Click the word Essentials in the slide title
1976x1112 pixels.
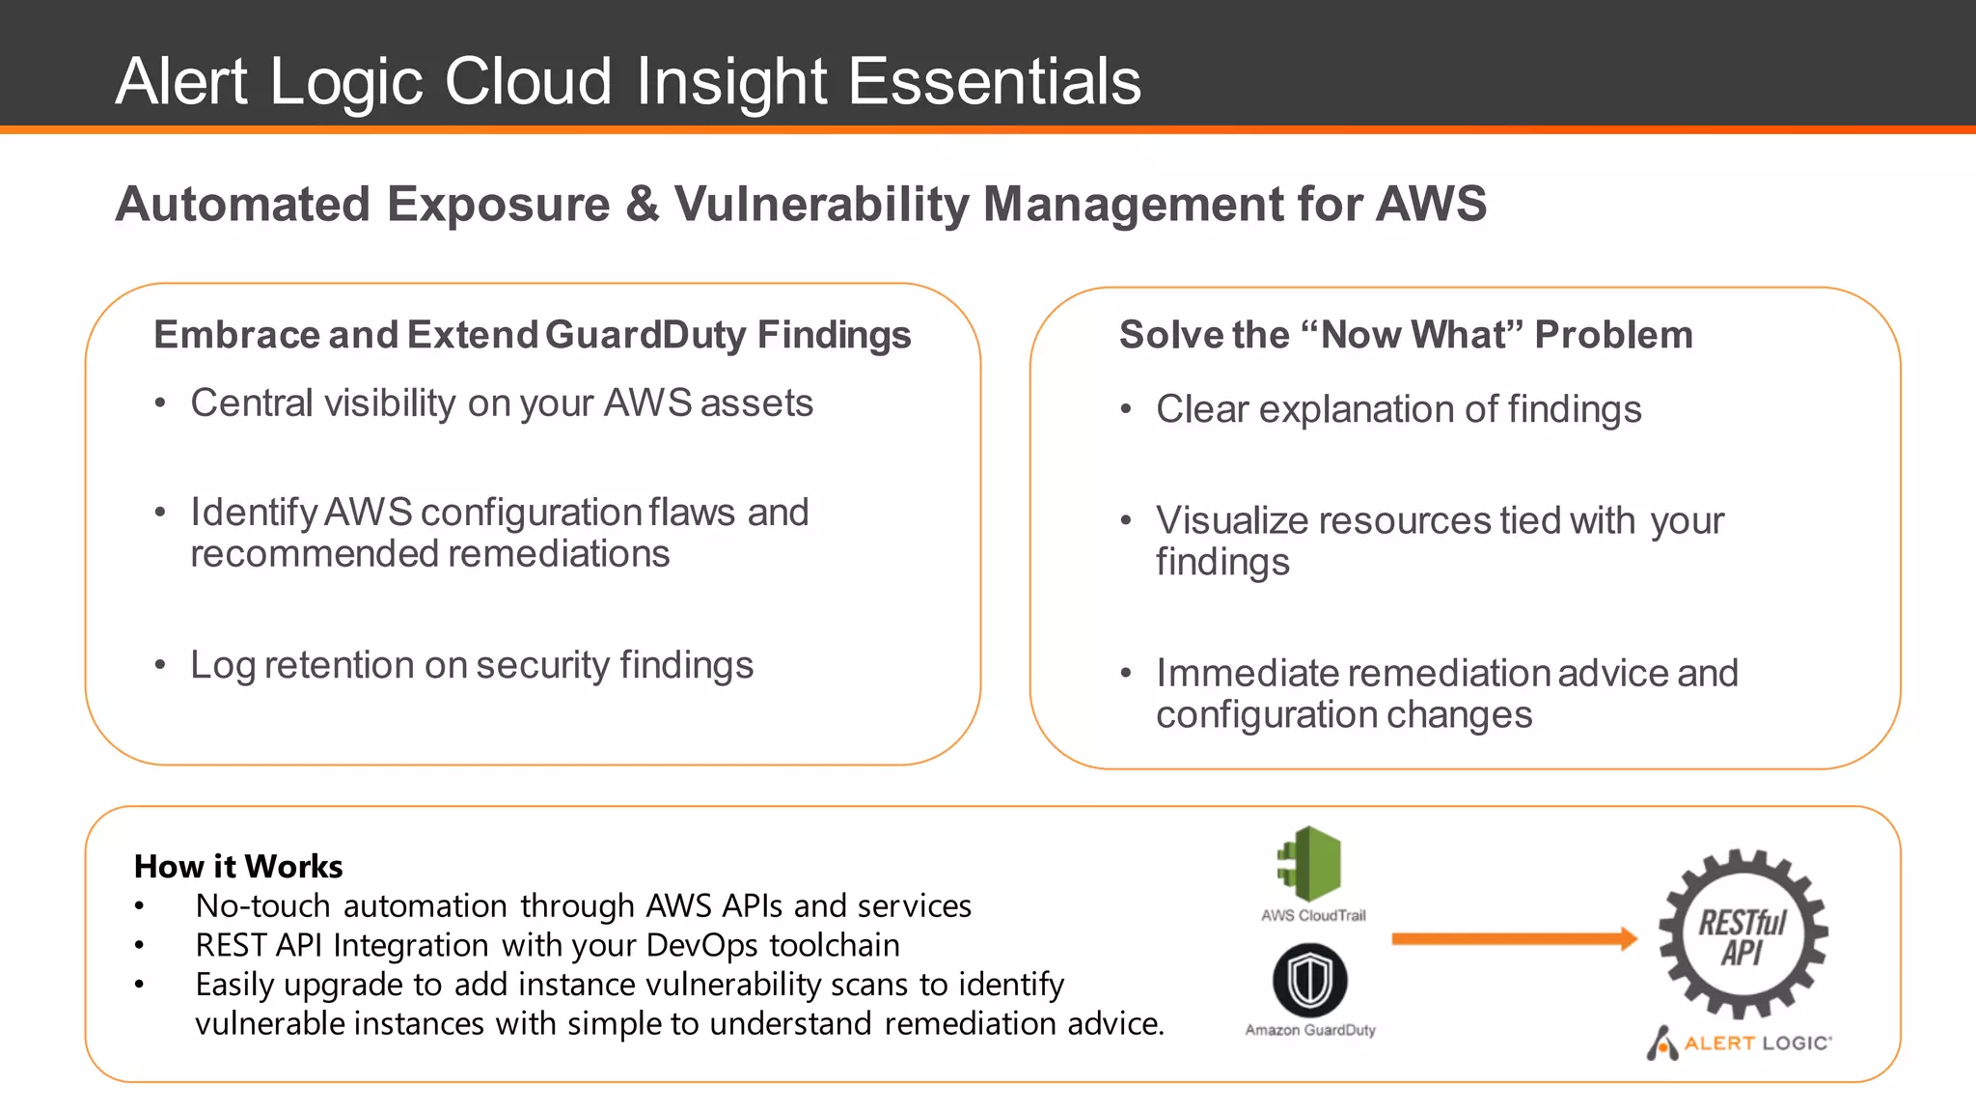point(994,81)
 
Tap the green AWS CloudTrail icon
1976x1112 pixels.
point(1310,863)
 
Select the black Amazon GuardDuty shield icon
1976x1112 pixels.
point(1310,981)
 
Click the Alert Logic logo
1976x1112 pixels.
point(1739,1042)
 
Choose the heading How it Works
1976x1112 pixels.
point(238,866)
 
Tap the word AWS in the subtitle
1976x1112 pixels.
point(1431,204)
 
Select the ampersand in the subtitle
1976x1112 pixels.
point(642,205)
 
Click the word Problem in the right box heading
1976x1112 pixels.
point(1613,335)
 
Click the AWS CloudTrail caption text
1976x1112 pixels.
point(1313,915)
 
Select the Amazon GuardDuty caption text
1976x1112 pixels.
point(1310,1030)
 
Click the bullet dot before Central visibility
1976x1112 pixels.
point(160,403)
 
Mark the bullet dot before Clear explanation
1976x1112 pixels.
point(1126,410)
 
